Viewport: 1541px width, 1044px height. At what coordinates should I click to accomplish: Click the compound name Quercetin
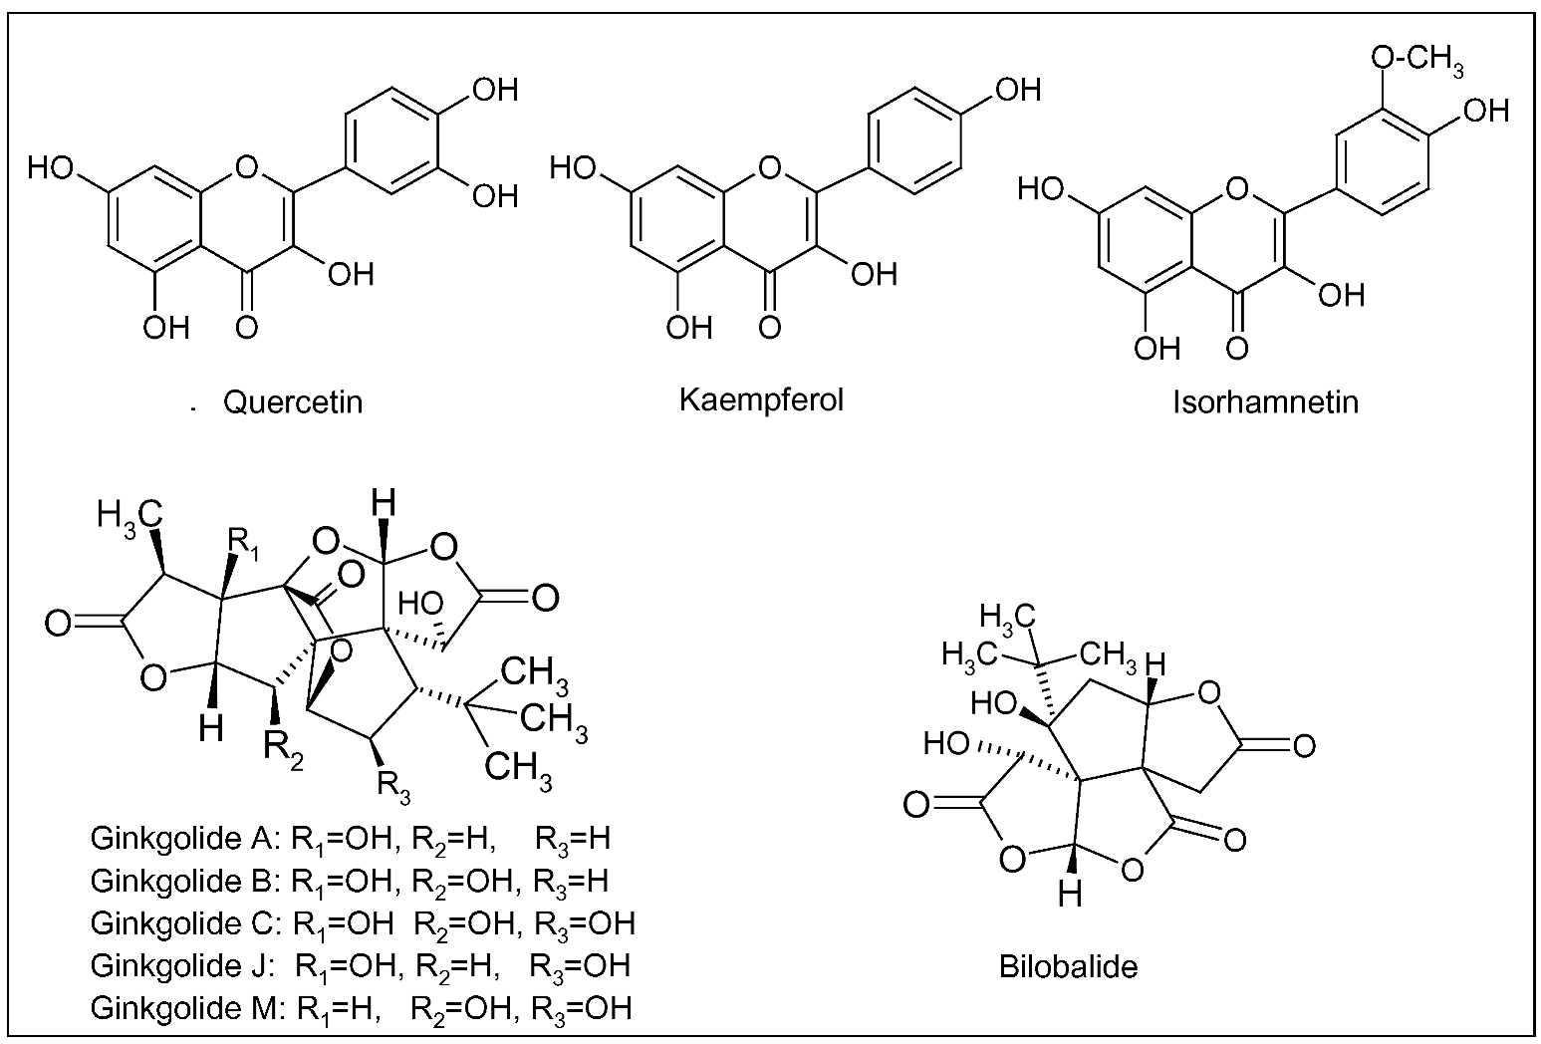point(293,401)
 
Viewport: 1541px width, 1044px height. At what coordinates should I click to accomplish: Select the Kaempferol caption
point(761,399)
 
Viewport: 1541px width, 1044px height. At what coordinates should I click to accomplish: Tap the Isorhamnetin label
point(1265,401)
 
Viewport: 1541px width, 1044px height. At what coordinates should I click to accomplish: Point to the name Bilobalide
point(1069,965)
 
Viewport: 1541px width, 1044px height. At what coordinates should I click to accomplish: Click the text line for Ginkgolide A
point(350,839)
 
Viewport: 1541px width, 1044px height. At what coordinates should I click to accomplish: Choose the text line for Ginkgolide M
point(361,1008)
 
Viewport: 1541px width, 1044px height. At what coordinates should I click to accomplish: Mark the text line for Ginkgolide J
point(360,965)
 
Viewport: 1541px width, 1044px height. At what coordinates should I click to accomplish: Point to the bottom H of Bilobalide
point(1069,894)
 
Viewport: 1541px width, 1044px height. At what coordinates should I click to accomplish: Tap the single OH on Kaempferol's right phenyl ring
point(1017,90)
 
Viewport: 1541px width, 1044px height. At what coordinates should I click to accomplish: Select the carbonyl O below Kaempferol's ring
point(767,325)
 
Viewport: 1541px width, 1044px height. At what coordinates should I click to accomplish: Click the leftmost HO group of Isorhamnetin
point(1042,187)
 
